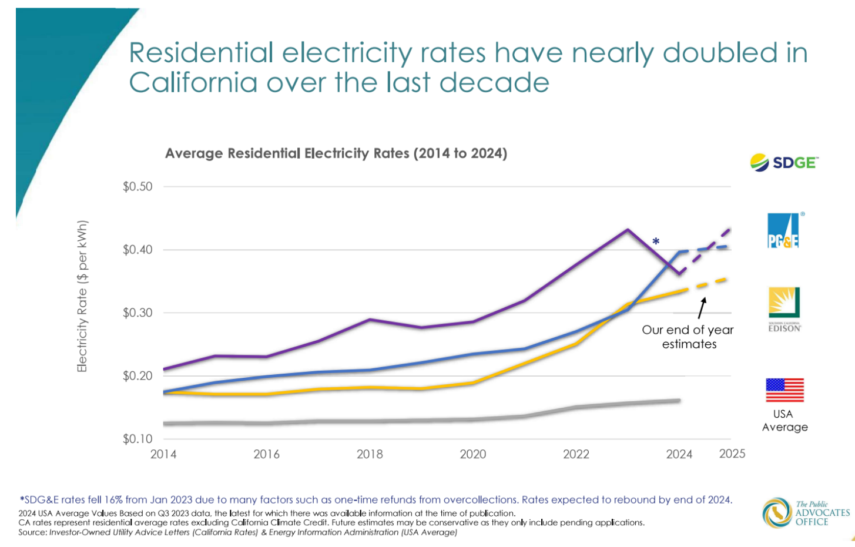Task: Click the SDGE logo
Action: [784, 162]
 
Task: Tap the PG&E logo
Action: [784, 230]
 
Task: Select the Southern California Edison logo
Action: [784, 309]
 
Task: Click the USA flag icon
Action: [784, 390]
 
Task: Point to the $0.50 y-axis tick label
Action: [138, 187]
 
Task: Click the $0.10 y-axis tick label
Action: [138, 439]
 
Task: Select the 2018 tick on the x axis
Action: [370, 454]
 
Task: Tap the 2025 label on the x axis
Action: [732, 454]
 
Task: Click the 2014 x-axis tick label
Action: [163, 454]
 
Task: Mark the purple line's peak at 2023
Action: [628, 229]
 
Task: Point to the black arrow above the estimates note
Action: [702, 308]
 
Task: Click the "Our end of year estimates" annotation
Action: [688, 337]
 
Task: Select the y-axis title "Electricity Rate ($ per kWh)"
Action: [82, 296]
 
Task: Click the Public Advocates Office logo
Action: [806, 513]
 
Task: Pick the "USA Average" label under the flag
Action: [784, 421]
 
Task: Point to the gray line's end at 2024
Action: [679, 401]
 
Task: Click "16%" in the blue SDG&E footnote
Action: [113, 500]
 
